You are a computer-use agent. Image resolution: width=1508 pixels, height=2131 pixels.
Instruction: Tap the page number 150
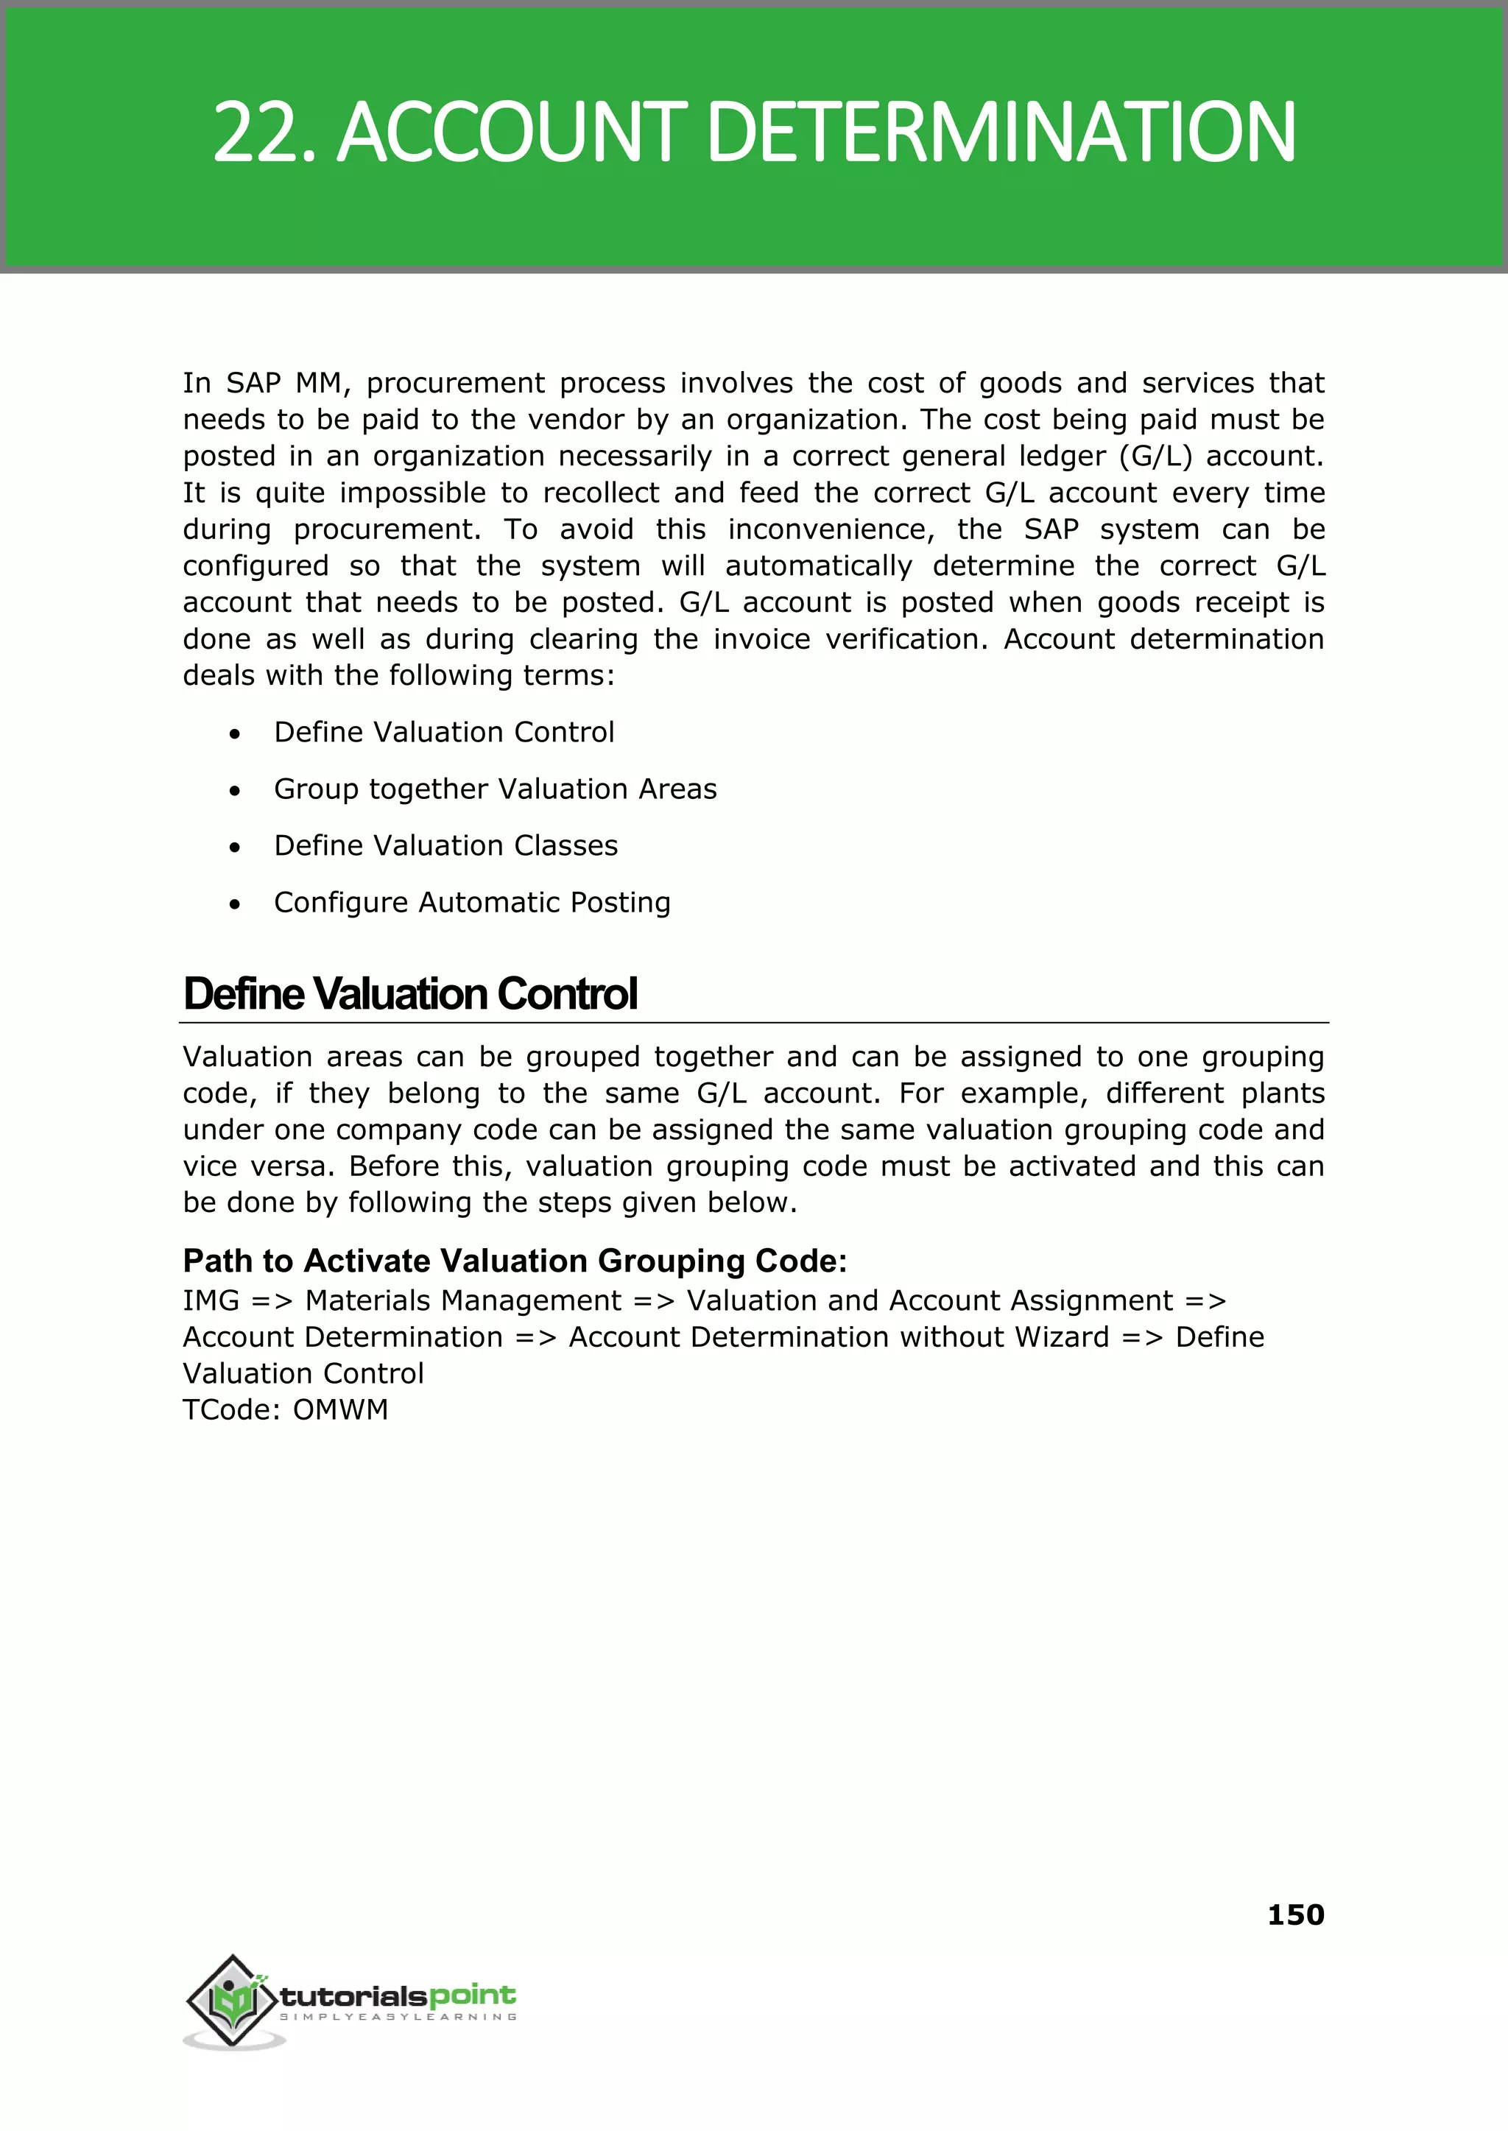[x=1294, y=1914]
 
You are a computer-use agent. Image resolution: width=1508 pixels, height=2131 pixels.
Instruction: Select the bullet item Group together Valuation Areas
[x=495, y=789]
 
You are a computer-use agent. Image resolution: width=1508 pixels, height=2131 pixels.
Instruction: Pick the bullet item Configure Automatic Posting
[x=472, y=903]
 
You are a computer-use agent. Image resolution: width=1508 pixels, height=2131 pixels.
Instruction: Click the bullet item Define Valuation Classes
[x=445, y=846]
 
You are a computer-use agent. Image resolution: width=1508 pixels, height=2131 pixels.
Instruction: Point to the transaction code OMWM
[x=341, y=1409]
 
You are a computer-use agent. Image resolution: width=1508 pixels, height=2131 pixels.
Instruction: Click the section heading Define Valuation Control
[x=410, y=993]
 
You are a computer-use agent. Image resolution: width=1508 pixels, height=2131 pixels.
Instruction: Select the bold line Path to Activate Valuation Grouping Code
[x=515, y=1261]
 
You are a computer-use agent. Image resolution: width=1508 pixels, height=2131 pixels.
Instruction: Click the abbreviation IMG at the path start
[x=211, y=1301]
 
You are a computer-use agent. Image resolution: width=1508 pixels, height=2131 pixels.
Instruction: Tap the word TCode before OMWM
[x=231, y=1409]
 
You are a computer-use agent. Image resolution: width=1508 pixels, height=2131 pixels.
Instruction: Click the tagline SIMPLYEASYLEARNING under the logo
[x=398, y=2018]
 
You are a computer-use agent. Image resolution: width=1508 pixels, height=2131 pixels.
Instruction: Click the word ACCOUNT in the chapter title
[x=510, y=133]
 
